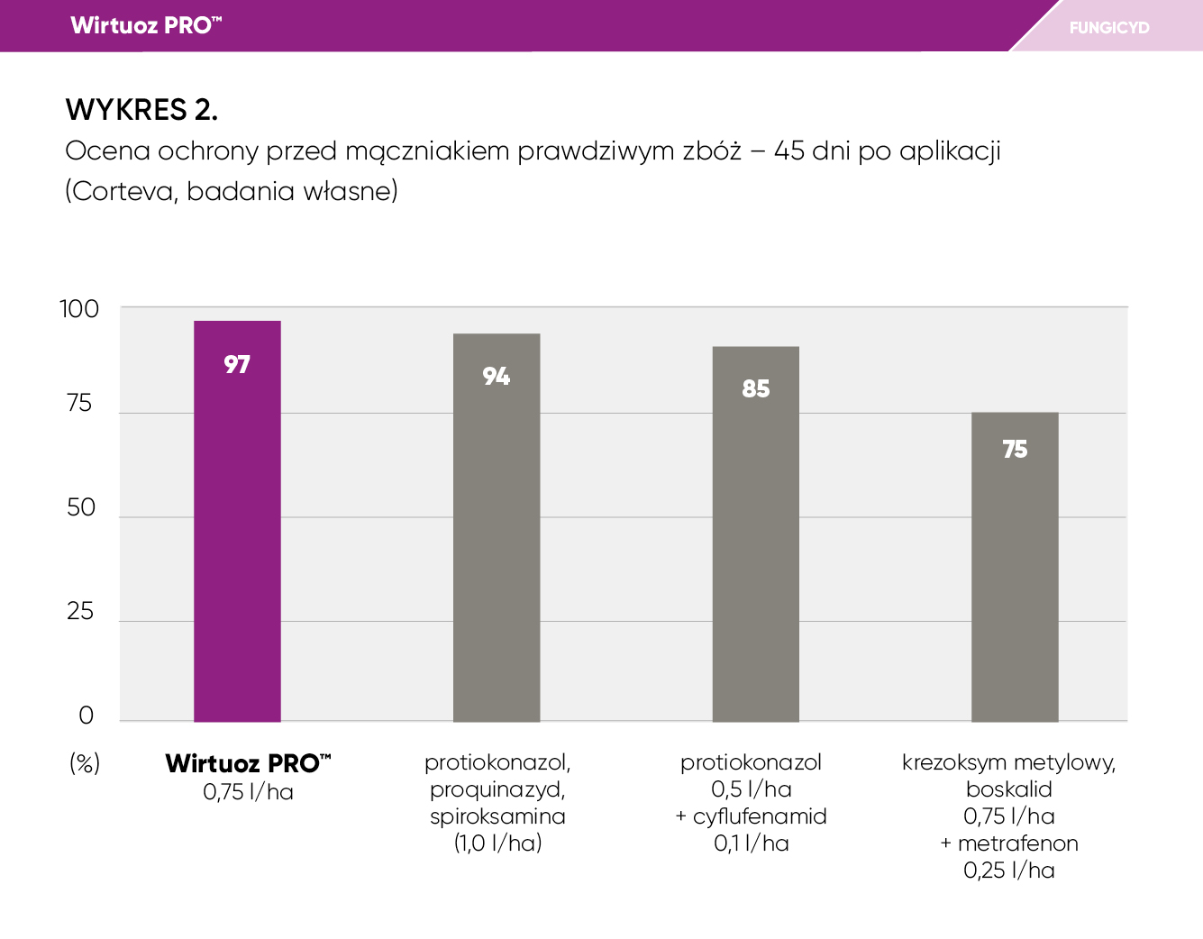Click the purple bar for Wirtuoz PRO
pyautogui.click(x=237, y=541)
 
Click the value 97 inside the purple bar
pyautogui.click(x=237, y=365)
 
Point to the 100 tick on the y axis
pyautogui.click(x=79, y=309)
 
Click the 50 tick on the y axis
pyautogui.click(x=81, y=507)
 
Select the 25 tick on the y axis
pyautogui.click(x=80, y=612)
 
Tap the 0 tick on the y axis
pyautogui.click(x=87, y=716)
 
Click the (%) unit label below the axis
pyautogui.click(x=85, y=763)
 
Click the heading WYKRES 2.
pyautogui.click(x=141, y=110)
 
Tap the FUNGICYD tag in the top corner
pyautogui.click(x=1109, y=28)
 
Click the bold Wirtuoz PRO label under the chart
pyautogui.click(x=248, y=764)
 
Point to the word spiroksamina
pyautogui.click(x=497, y=816)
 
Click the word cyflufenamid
pyautogui.click(x=760, y=816)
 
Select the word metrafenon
pyautogui.click(x=1017, y=843)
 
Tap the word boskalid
pyautogui.click(x=1009, y=789)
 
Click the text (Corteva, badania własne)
pyautogui.click(x=232, y=191)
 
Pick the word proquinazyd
pyautogui.click(x=497, y=789)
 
